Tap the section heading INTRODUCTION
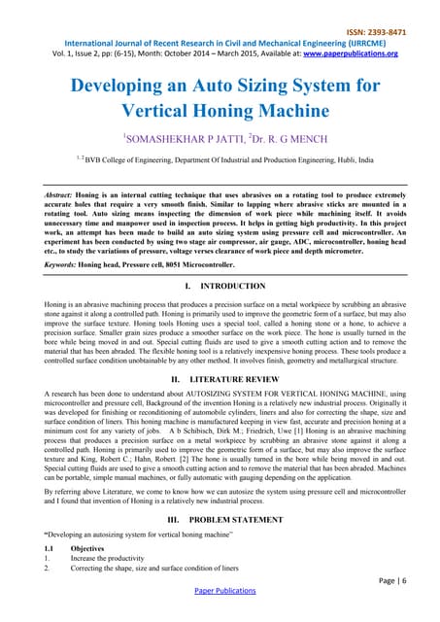click(x=232, y=287)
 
